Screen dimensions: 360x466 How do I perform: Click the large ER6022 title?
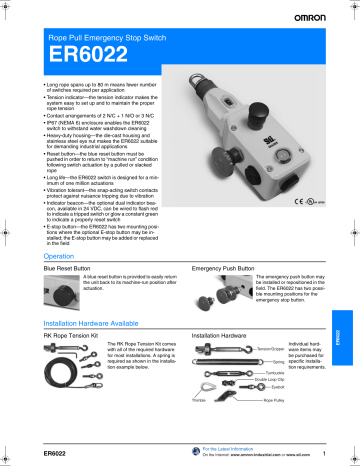[x=83, y=59]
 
